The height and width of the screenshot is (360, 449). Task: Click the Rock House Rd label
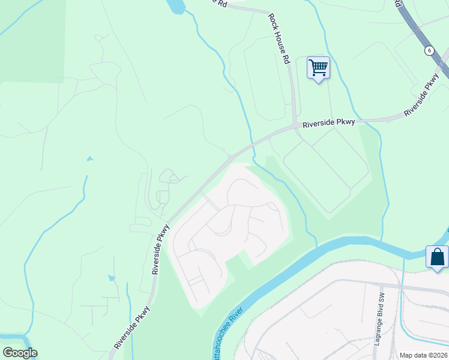(x=279, y=39)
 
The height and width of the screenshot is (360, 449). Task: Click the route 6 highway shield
(x=429, y=50)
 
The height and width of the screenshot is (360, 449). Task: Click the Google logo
(x=20, y=353)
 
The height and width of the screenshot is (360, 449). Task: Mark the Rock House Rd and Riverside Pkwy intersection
(x=295, y=125)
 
